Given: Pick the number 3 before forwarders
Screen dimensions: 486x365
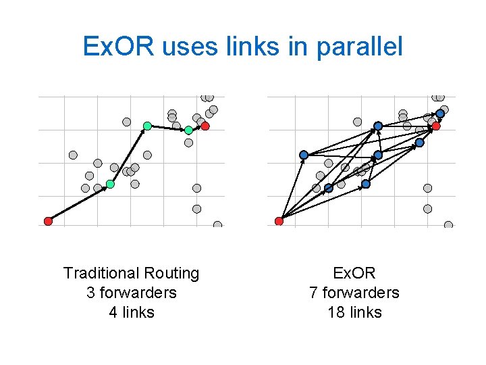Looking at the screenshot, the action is pyautogui.click(x=90, y=293).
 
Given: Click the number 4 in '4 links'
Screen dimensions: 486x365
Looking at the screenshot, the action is pyautogui.click(x=113, y=312).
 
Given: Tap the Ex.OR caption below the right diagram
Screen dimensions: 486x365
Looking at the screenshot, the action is pyautogui.click(x=354, y=273).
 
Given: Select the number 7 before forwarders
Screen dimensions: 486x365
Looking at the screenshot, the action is pyautogui.click(x=313, y=293).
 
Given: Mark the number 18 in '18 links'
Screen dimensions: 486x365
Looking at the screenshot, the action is pyautogui.click(x=335, y=312).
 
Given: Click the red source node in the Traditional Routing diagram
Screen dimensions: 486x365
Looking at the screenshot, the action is pyautogui.click(x=48, y=221).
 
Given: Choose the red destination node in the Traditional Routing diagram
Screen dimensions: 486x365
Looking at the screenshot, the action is pyautogui.click(x=205, y=126).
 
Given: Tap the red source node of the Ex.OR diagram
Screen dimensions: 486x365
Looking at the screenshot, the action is pyautogui.click(x=279, y=221).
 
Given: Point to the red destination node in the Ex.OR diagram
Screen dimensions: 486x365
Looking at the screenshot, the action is pyautogui.click(x=436, y=126).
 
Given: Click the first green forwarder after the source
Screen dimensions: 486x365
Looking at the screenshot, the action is pyautogui.click(x=110, y=184).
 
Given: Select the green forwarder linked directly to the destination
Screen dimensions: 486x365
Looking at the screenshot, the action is pyautogui.click(x=188, y=130).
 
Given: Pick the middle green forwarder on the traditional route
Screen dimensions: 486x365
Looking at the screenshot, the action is pyautogui.click(x=147, y=126).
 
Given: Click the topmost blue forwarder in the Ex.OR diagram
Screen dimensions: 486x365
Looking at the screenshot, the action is pyautogui.click(x=440, y=113).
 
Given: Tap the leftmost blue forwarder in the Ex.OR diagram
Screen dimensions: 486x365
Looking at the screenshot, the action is pyautogui.click(x=304, y=155).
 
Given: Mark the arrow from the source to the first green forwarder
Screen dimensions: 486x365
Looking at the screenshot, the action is pyautogui.click(x=79, y=203).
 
